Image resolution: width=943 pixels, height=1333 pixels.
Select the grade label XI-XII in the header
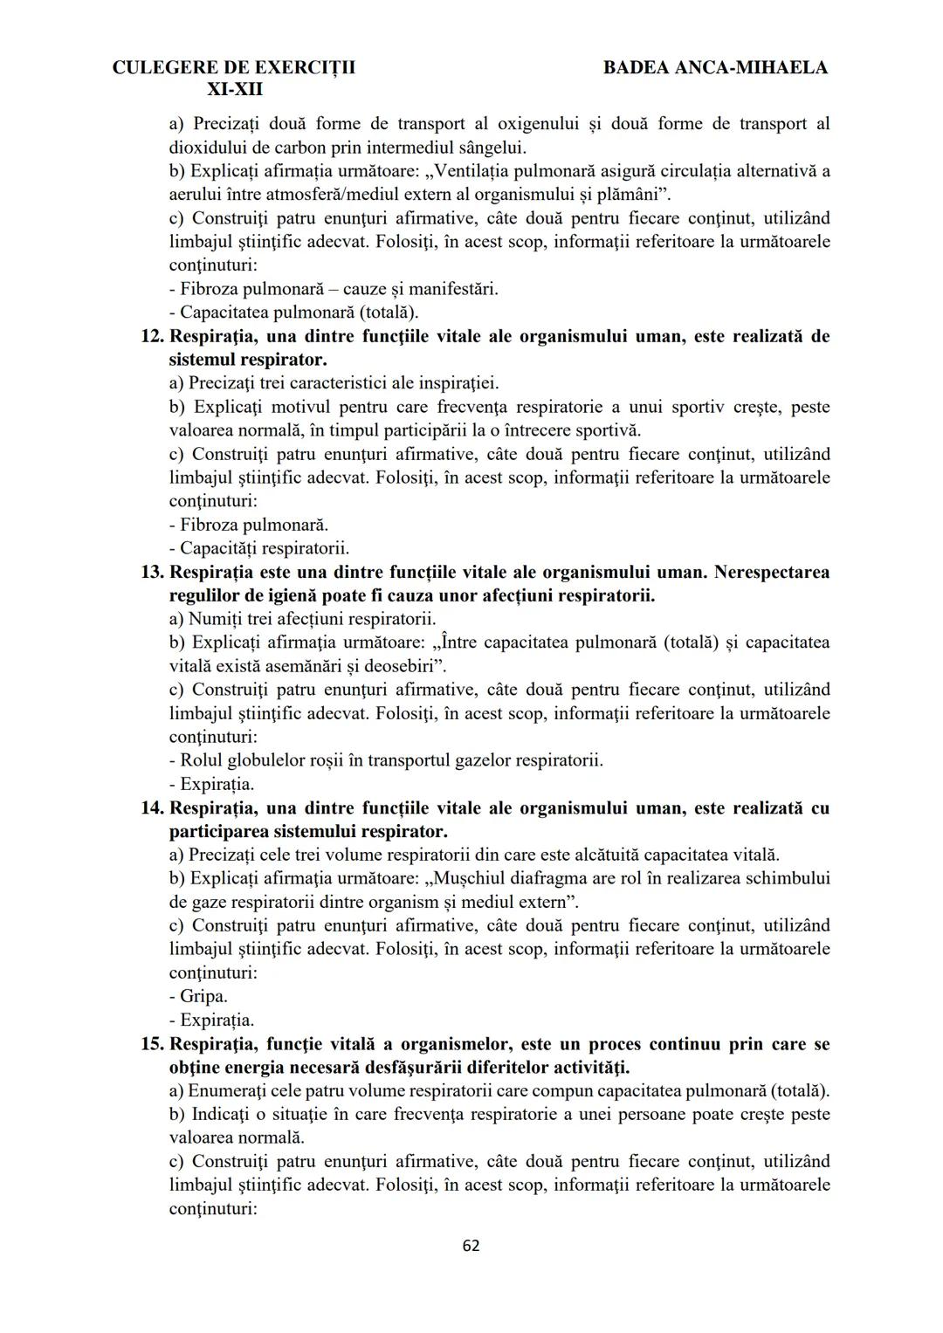[x=234, y=90]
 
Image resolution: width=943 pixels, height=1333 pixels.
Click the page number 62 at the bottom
[x=471, y=1246]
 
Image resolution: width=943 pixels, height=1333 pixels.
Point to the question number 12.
[x=152, y=336]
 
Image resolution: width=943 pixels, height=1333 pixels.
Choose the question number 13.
[x=152, y=573]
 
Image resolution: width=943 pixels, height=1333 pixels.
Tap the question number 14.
[x=152, y=808]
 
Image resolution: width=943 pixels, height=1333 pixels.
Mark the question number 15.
[x=152, y=1044]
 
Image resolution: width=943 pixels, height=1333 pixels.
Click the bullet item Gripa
[x=203, y=997]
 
